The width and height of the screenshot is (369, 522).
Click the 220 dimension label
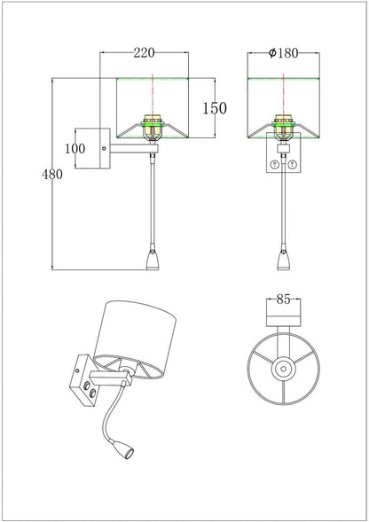coord(145,52)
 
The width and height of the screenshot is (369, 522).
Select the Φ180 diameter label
coord(283,52)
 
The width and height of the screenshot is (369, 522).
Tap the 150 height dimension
coord(215,108)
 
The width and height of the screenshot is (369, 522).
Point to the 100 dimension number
coord(75,149)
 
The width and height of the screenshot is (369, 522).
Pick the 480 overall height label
coord(52,174)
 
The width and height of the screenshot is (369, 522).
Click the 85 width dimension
coord(283,300)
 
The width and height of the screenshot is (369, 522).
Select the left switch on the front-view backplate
coord(275,163)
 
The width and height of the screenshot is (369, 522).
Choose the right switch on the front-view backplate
coord(292,163)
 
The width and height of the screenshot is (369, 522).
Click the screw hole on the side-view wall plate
coord(104,149)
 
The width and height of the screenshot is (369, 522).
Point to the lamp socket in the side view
coord(153,126)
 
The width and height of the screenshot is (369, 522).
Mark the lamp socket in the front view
coord(283,126)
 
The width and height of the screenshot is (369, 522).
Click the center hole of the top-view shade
coord(283,369)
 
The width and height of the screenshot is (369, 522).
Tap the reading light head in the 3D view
coord(128,452)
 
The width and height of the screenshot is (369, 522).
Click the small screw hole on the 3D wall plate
coord(78,370)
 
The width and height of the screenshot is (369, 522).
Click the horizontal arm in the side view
coord(134,149)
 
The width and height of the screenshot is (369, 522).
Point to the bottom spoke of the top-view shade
coord(283,393)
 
